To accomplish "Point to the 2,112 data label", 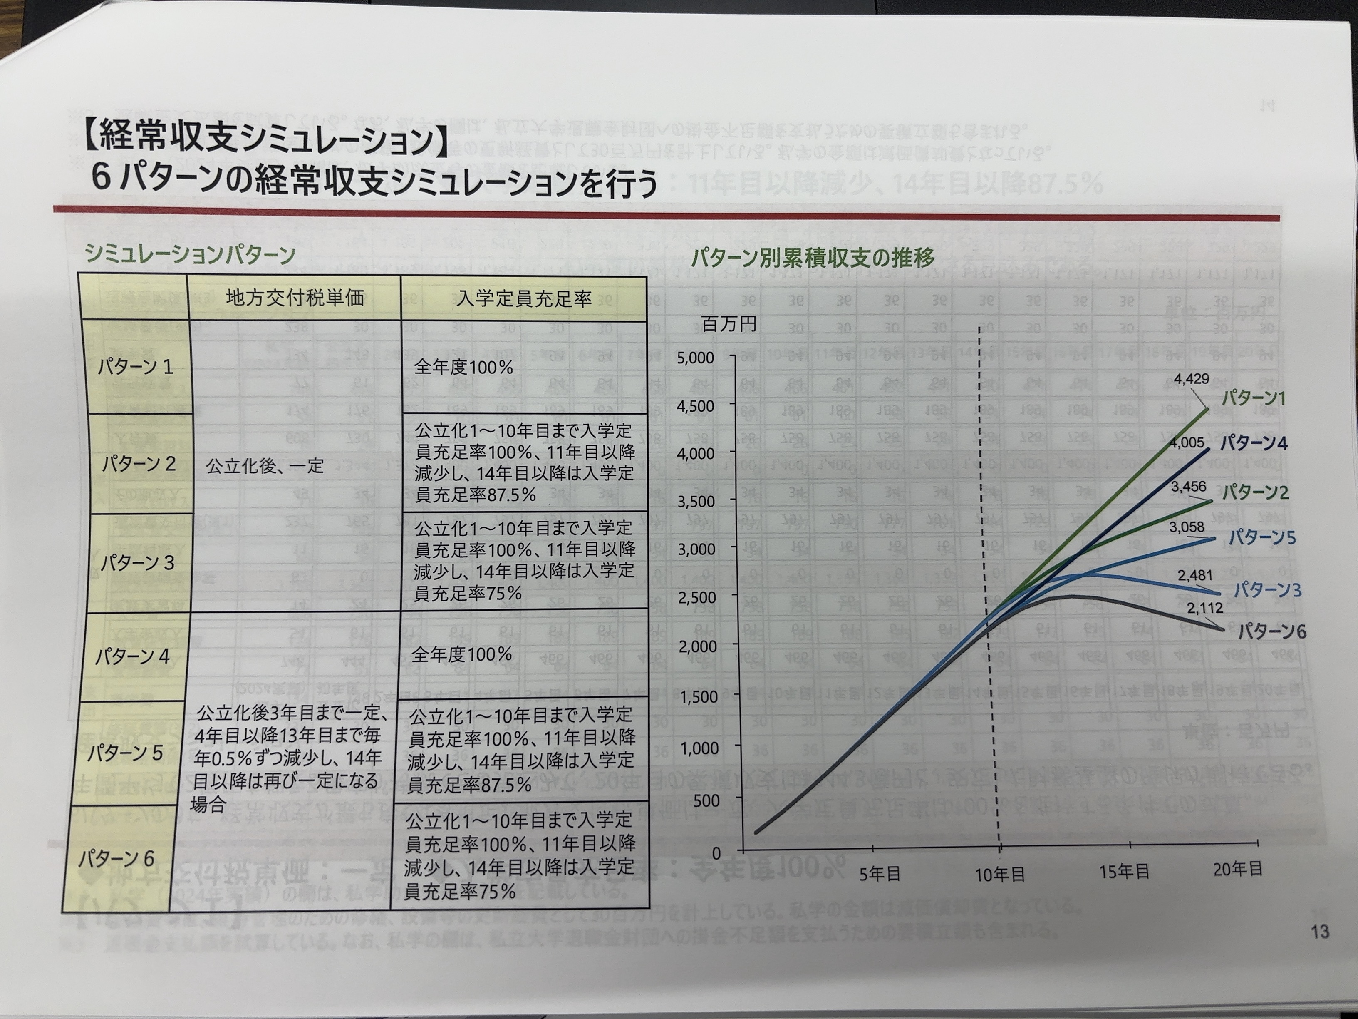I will [x=1204, y=608].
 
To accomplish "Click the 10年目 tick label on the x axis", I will [x=1000, y=875].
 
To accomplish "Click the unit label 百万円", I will [x=729, y=324].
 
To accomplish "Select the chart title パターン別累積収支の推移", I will [x=812, y=258].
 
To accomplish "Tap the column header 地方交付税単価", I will [x=295, y=298].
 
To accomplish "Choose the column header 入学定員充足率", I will [x=524, y=300].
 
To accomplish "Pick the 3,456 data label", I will [x=1188, y=487].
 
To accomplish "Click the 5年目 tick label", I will [x=880, y=875].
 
